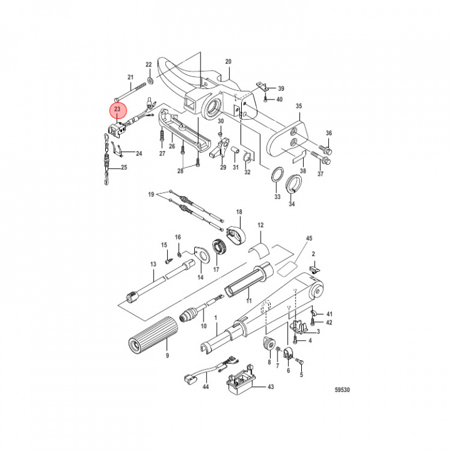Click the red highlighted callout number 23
[x=117, y=110]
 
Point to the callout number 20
[x=228, y=61]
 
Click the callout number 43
[x=271, y=386]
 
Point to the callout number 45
[x=308, y=238]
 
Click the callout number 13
[x=152, y=265]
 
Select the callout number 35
[x=299, y=106]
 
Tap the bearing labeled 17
[x=220, y=248]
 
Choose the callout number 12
[x=261, y=224]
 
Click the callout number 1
[x=215, y=318]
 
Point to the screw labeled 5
[x=299, y=362]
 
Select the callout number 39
[x=281, y=88]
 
